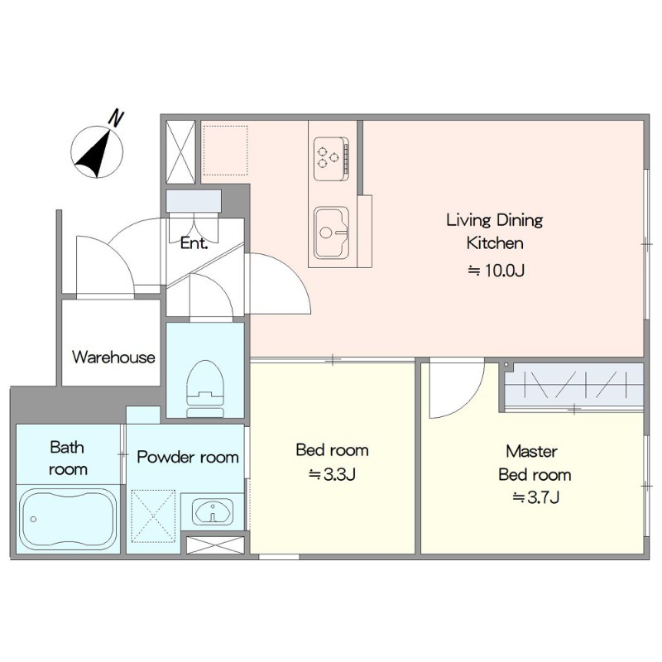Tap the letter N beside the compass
coord(116,118)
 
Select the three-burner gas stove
coord(332,158)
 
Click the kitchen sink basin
coord(332,232)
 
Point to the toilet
coord(205,388)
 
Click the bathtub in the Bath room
coord(69,520)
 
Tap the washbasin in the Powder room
coord(213,511)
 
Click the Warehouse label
coord(113,357)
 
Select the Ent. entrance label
coord(194,242)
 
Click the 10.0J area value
coord(496,271)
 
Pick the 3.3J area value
coord(333,474)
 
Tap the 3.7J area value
coord(536,497)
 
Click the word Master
coord(531,451)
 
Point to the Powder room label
coord(188,457)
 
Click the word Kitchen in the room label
coord(495,242)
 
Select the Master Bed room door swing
coord(457,387)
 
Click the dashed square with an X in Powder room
coord(153,516)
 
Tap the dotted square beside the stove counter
coord(225,151)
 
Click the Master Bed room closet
coord(573,386)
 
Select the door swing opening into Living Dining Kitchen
coord(280,283)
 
